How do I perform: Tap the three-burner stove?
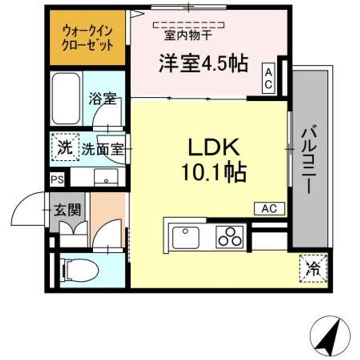(x=229, y=236)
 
